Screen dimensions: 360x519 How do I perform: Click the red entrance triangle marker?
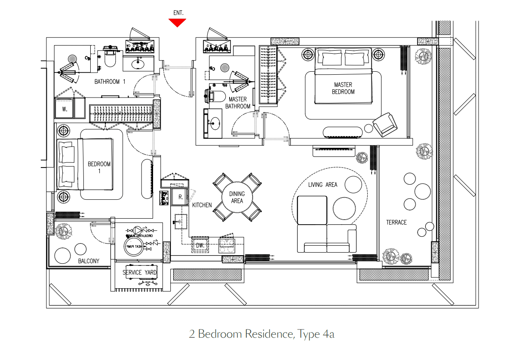coord(178,22)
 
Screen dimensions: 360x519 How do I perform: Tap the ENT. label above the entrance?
coord(178,13)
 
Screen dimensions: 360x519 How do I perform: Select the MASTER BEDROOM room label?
coord(344,88)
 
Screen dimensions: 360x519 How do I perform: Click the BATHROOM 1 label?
coord(110,82)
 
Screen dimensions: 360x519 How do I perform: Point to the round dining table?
coord(236,198)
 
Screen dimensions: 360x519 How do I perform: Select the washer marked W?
coord(64,109)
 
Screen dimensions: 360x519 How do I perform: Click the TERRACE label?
coord(396,222)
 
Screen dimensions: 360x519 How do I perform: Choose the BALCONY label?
coord(89,261)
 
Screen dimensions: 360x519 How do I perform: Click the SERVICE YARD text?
coord(139,273)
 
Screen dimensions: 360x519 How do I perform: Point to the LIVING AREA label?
coord(322,185)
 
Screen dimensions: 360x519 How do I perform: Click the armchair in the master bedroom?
coord(385,125)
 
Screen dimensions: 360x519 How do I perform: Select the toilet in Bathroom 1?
coord(110,58)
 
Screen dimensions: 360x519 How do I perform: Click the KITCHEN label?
coord(202,205)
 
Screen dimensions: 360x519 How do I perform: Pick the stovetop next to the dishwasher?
coord(227,245)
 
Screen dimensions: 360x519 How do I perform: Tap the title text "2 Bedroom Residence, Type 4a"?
coord(261,334)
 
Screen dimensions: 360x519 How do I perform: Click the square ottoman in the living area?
coord(312,210)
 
